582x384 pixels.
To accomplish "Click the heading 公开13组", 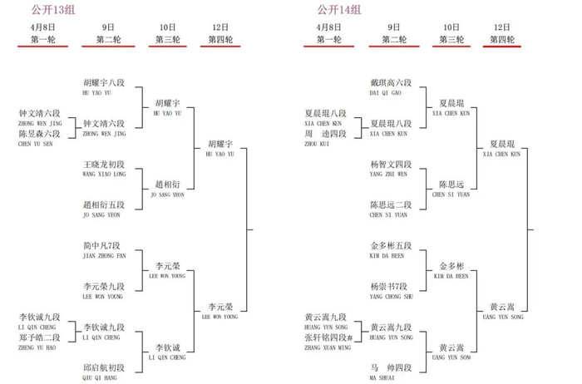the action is (48, 10).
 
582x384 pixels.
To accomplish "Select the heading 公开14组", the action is (338, 10).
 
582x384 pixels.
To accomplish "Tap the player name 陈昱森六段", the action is (39, 134).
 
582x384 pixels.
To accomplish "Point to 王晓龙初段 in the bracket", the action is (104, 165).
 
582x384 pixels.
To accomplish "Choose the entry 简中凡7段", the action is (103, 246).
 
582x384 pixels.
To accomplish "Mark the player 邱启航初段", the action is (104, 367).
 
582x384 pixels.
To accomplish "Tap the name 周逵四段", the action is (325, 134).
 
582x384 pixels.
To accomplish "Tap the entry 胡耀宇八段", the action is (104, 83).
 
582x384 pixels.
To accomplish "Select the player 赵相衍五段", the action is (104, 205).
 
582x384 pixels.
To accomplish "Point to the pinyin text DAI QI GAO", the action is (385, 93).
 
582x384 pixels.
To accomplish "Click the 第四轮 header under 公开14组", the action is (502, 39).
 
